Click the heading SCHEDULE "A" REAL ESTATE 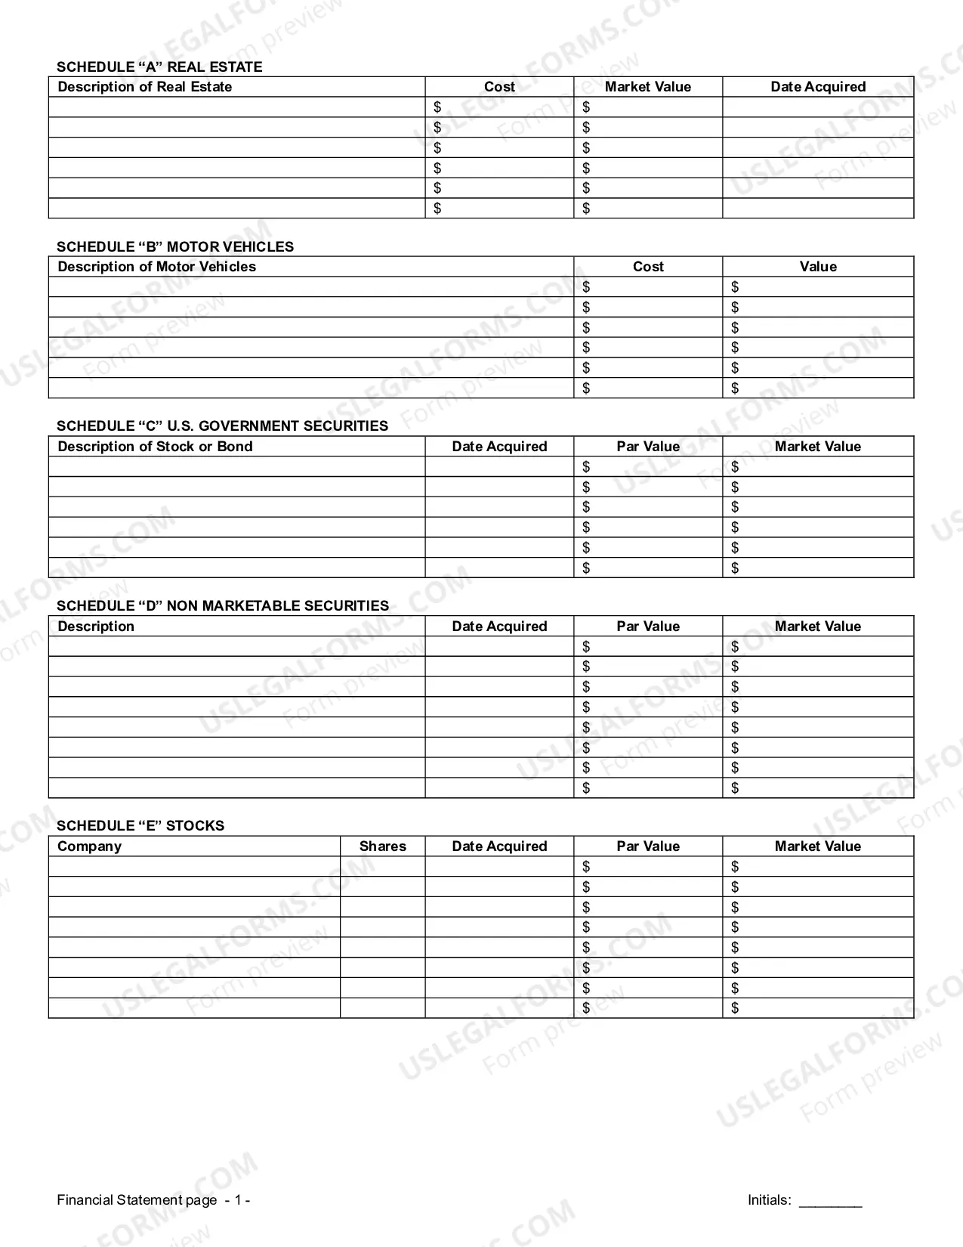[159, 67]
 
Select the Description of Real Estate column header [144, 87]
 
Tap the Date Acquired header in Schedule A [818, 87]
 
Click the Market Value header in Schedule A [647, 87]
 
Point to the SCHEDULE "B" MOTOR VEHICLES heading [174, 246]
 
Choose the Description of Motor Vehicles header [156, 267]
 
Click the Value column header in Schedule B [818, 267]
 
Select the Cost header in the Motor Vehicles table [647, 267]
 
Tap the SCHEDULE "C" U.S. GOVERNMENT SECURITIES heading [222, 425]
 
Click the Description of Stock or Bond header [155, 447]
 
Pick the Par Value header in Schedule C [647, 447]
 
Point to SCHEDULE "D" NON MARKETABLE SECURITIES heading [222, 605]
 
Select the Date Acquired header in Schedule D [498, 627]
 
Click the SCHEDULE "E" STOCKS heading [140, 825]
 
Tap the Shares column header [382, 846]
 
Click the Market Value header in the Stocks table [817, 846]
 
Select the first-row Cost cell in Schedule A [499, 107]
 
